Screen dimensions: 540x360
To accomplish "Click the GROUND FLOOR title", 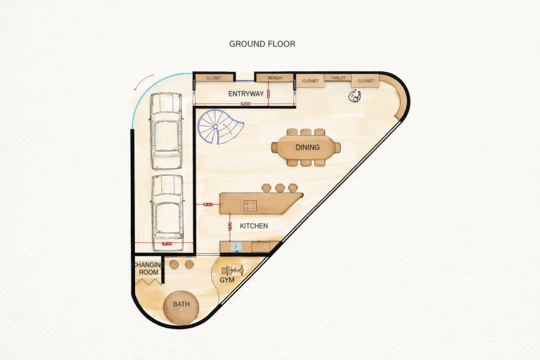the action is tap(262, 44).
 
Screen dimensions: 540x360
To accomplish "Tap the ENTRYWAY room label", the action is tap(246, 94).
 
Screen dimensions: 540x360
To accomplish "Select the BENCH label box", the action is tap(275, 78).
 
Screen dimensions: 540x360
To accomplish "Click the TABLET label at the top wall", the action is tap(338, 78).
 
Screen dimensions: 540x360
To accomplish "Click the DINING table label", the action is tap(307, 148).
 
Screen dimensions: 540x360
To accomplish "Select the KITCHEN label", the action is tap(254, 226).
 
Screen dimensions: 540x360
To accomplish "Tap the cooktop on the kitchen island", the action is tap(250, 206).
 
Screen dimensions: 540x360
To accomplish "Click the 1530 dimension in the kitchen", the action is tap(230, 227).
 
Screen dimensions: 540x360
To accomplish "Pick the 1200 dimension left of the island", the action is tap(208, 205).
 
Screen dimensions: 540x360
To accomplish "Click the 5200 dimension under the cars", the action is tap(167, 244).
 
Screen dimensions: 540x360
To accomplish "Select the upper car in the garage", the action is tap(166, 131).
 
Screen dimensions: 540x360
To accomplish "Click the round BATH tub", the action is tap(181, 308).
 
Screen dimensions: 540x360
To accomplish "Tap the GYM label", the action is tap(227, 280).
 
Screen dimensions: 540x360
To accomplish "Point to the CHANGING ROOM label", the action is tap(148, 268).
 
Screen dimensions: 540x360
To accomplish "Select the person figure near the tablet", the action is tap(355, 96).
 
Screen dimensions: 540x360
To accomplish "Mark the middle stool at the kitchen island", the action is tap(280, 188).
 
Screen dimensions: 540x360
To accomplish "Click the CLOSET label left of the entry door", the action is tap(214, 78).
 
